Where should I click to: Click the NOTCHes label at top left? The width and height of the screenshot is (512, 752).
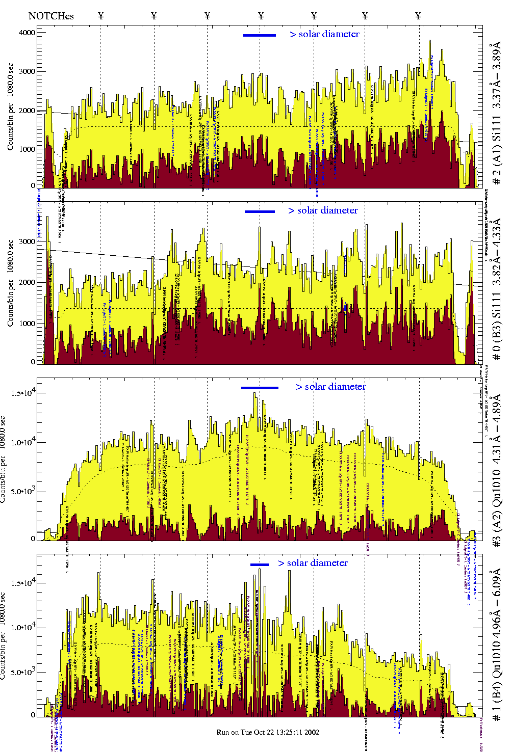(x=51, y=16)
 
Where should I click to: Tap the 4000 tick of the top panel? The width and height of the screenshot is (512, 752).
(x=27, y=33)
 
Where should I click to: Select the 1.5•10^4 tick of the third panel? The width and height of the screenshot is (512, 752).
(x=23, y=393)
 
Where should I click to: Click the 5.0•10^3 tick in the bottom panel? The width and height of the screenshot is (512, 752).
(x=23, y=672)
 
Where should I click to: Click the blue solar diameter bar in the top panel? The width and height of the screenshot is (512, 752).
(x=260, y=35)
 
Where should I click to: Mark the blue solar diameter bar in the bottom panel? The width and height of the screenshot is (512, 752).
(x=260, y=565)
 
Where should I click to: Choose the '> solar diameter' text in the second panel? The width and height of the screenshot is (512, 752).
(x=323, y=210)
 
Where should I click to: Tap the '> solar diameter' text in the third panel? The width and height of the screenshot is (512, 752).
(x=331, y=387)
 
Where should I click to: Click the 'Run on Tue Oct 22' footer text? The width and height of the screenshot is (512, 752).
(x=268, y=732)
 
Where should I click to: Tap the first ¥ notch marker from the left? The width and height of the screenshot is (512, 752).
(x=100, y=16)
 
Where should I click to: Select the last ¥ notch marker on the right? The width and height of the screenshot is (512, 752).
(x=418, y=16)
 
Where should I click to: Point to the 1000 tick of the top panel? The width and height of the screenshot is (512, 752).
(x=27, y=149)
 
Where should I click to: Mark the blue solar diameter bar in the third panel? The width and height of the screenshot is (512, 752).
(x=260, y=388)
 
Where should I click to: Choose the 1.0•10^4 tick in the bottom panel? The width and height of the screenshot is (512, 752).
(x=23, y=628)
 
